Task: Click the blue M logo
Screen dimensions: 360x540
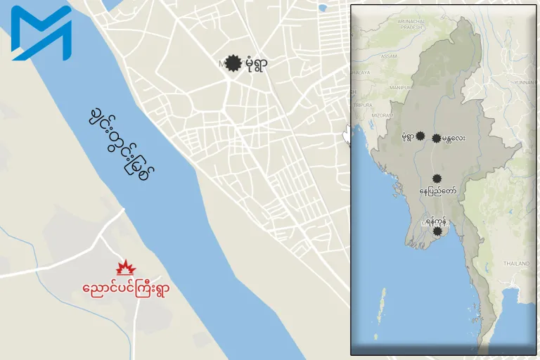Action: point(41,33)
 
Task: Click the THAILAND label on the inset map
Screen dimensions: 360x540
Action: point(516,263)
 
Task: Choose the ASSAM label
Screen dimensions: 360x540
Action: point(387,56)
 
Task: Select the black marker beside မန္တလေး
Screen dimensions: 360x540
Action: point(437,139)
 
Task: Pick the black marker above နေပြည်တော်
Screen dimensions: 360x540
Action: point(437,179)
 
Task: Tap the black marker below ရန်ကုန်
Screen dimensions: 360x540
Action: point(437,231)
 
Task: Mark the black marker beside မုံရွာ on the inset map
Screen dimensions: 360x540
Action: point(420,136)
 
